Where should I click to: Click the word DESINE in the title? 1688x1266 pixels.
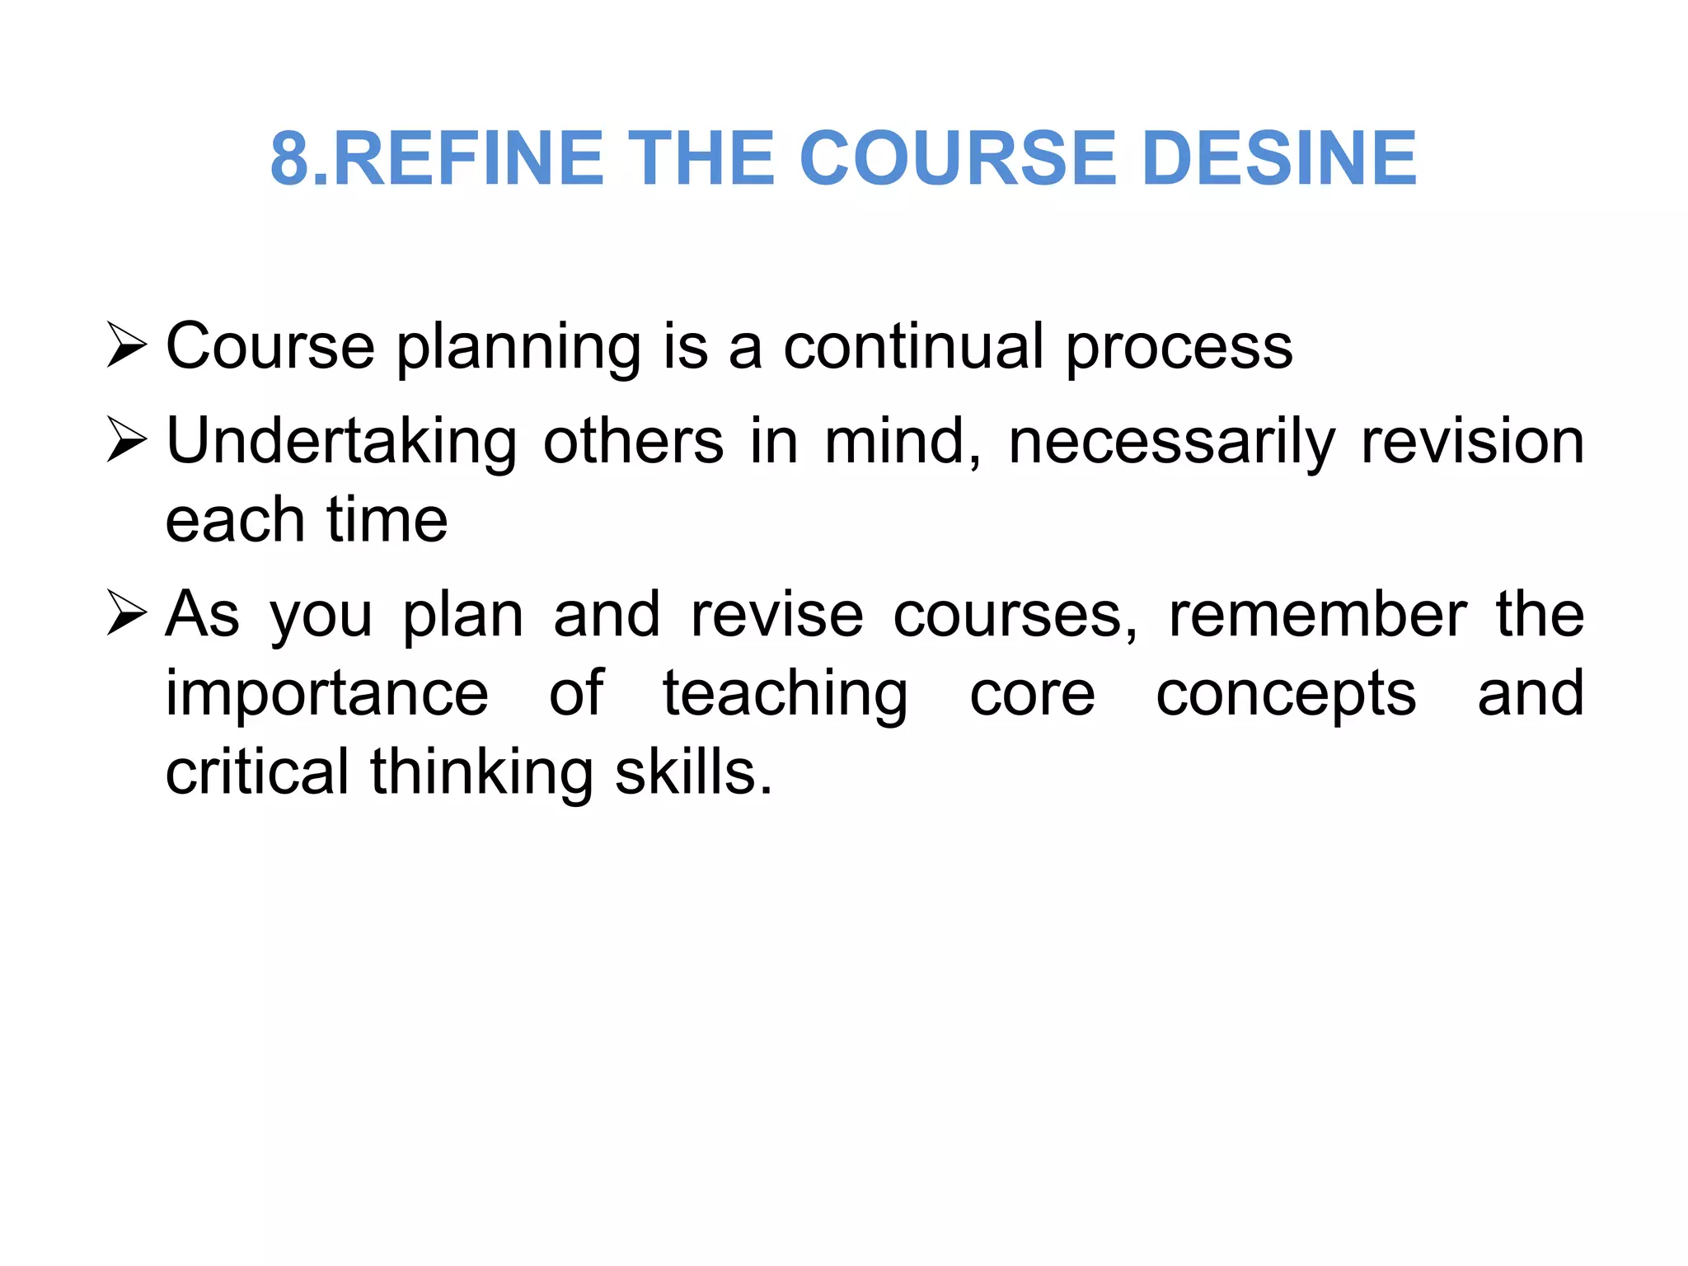1279,158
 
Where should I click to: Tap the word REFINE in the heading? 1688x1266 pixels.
468,158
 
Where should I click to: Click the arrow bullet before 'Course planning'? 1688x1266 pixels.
127,346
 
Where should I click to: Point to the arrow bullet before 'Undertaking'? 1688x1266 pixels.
127,441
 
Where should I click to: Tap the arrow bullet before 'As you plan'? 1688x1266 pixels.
127,615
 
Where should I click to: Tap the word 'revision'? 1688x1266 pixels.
1472,442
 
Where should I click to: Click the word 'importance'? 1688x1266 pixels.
327,696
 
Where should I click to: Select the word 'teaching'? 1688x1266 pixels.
785,696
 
